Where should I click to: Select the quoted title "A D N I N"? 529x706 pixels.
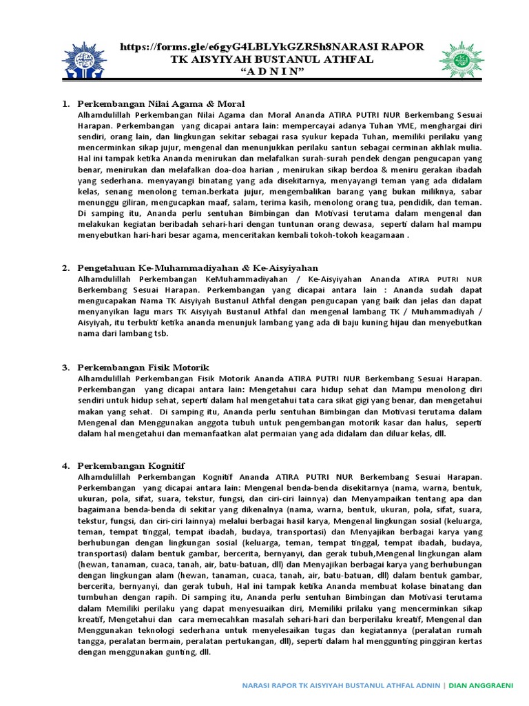click(273, 72)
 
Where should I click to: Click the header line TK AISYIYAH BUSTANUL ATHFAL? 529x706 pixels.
click(273, 60)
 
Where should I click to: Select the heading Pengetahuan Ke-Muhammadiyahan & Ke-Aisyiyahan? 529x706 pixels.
click(197, 268)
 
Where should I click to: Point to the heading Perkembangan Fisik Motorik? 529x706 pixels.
click(143, 367)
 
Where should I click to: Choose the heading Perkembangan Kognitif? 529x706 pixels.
click(131, 466)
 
